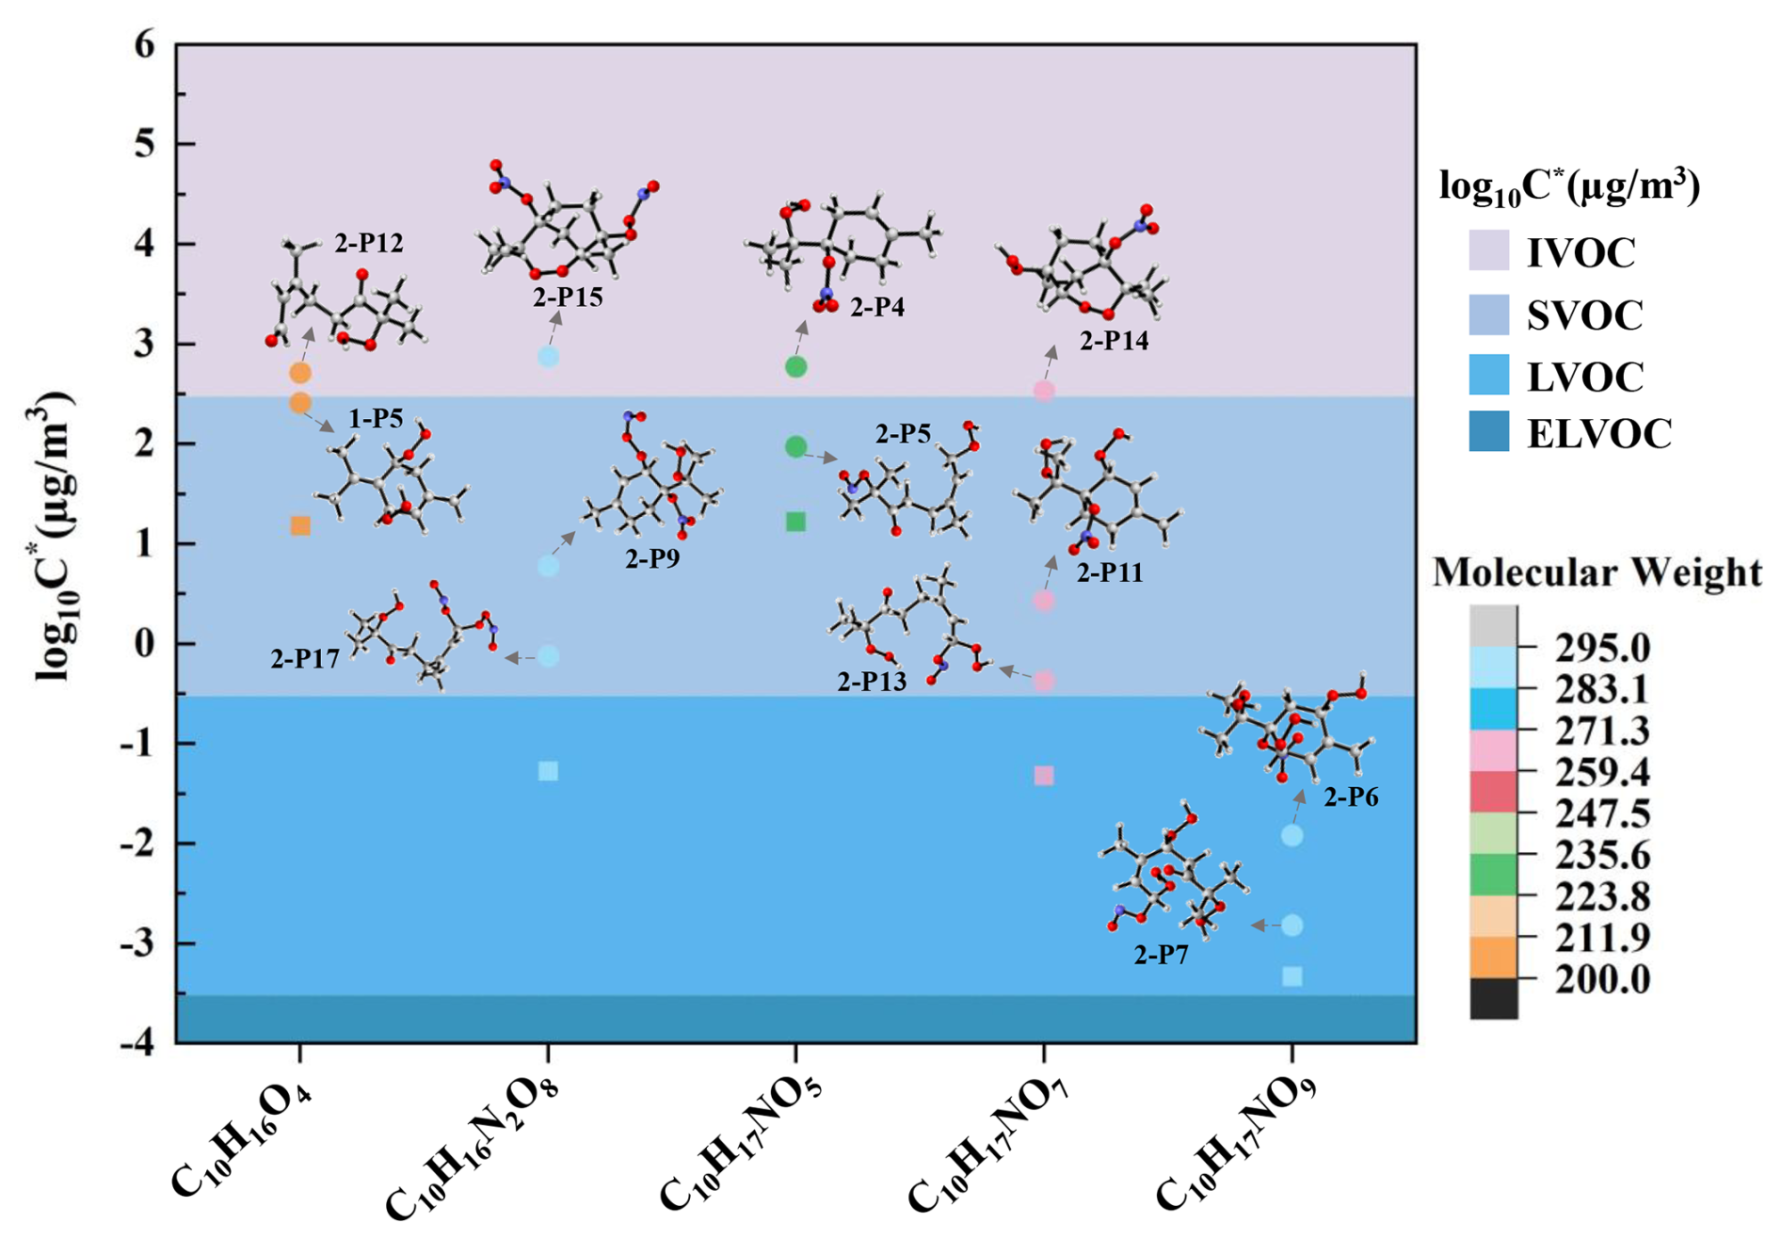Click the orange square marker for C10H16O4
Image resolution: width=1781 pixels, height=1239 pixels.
[x=300, y=525]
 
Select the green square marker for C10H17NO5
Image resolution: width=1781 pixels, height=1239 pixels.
[x=795, y=522]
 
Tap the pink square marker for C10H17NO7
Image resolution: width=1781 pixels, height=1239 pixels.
[x=1044, y=776]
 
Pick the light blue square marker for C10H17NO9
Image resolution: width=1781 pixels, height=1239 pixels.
[x=1292, y=976]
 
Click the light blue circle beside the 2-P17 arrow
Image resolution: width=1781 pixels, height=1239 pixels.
[x=548, y=656]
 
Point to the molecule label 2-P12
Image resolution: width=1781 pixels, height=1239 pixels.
[x=369, y=244]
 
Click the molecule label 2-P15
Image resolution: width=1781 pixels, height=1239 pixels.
[x=568, y=298]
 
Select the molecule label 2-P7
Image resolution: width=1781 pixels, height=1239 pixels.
[x=1161, y=956]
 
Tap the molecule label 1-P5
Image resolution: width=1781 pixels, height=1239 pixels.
[x=376, y=419]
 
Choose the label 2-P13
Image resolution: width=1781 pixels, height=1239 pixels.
[x=872, y=682]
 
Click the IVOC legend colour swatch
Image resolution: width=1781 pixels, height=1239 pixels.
[x=1488, y=251]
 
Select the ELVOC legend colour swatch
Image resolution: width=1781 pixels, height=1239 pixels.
[x=1488, y=432]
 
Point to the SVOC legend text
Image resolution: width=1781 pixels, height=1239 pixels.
[x=1584, y=315]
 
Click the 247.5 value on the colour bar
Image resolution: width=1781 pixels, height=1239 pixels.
[x=1602, y=813]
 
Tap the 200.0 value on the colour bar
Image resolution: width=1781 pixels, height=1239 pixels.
[x=1602, y=980]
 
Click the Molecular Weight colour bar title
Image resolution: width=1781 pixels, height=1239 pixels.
[x=1596, y=572]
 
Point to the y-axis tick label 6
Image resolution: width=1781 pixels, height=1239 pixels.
[x=144, y=44]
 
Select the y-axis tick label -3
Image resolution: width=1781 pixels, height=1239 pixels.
[x=137, y=943]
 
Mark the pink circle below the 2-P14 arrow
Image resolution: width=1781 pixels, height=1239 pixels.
[x=1044, y=391]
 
